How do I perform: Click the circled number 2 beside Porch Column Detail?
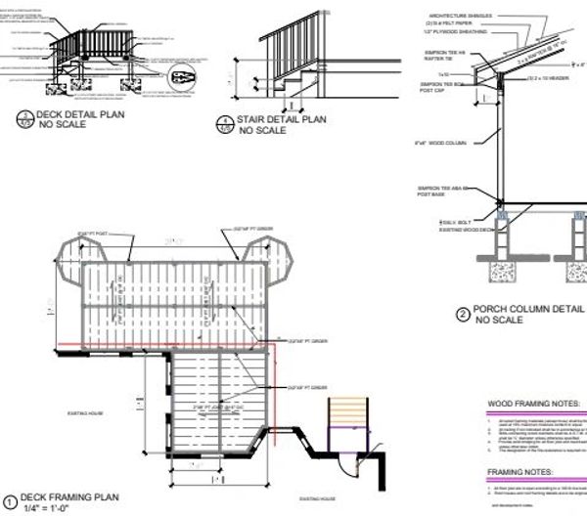pos(463,315)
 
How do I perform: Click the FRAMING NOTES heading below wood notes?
pos(523,471)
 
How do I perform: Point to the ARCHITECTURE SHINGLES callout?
pos(460,17)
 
